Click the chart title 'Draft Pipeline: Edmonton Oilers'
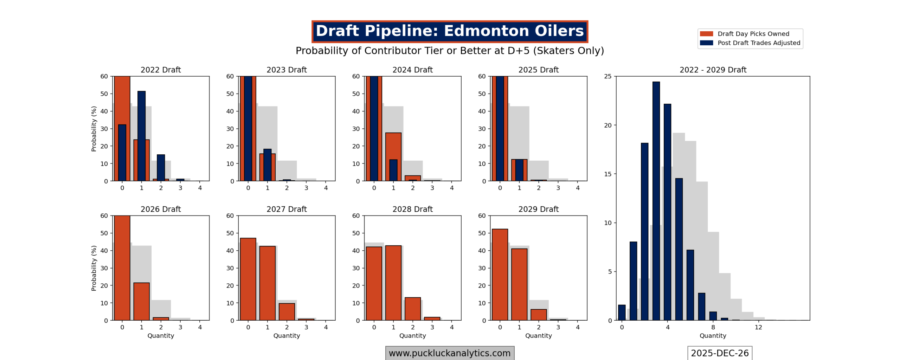[x=449, y=31]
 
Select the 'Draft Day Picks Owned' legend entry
[x=753, y=34]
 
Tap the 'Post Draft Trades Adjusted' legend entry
[x=758, y=43]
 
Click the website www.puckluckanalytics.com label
[x=449, y=353]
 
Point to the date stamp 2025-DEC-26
[x=719, y=353]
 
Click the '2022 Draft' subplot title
[x=161, y=70]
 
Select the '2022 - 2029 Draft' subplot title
[x=713, y=70]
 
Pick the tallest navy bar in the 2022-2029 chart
[x=656, y=200]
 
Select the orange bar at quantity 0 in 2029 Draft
[x=500, y=274]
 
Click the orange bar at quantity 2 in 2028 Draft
[x=412, y=309]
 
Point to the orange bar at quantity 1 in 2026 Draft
[x=141, y=301]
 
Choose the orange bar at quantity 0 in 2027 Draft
[x=248, y=279]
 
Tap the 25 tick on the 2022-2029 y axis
[x=607, y=76]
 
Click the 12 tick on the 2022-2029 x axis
[x=758, y=327]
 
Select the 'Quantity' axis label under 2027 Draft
[x=287, y=335]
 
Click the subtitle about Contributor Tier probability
[x=449, y=51]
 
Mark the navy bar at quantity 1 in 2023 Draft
[x=267, y=165]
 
